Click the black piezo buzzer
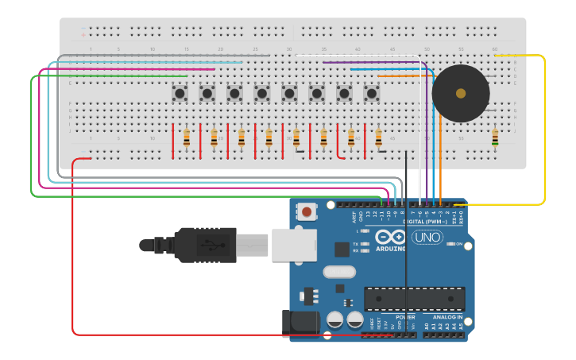[x=460, y=93]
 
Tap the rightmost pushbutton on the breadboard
[x=371, y=94]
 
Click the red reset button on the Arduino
[x=307, y=212]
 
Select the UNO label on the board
[x=427, y=237]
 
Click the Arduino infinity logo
[x=390, y=237]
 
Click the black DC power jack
[x=300, y=323]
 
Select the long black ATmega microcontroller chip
[x=414, y=299]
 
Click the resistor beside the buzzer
[x=495, y=139]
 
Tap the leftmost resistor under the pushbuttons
[x=187, y=138]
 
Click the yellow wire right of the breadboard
[x=544, y=127]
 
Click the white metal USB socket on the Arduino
[x=294, y=244]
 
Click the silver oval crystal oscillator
[x=338, y=272]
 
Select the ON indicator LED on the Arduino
[x=450, y=244]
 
